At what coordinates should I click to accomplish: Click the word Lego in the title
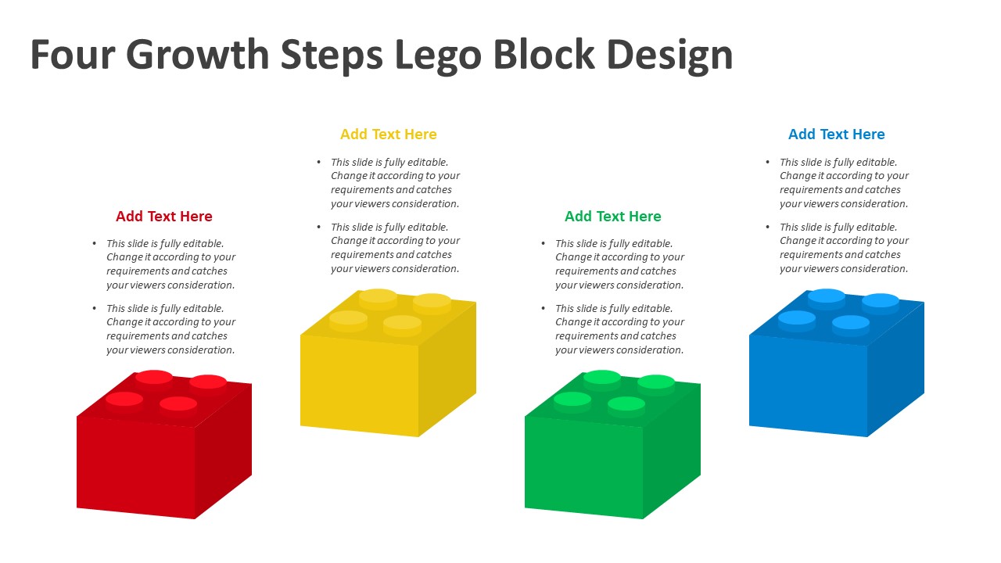pyautogui.click(x=439, y=55)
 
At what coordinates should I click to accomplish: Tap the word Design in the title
pyautogui.click(x=670, y=55)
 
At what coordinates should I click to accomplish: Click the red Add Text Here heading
pyautogui.click(x=164, y=217)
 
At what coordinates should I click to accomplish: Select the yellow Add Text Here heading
pyautogui.click(x=389, y=134)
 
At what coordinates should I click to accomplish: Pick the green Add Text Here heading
pyautogui.click(x=612, y=217)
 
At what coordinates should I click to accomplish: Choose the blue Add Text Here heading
pyautogui.click(x=837, y=134)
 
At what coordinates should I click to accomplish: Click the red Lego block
pyautogui.click(x=164, y=445)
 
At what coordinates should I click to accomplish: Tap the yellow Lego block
pyautogui.click(x=389, y=363)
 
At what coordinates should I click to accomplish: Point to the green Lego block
pyautogui.click(x=612, y=445)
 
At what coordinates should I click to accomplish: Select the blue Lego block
pyautogui.click(x=837, y=363)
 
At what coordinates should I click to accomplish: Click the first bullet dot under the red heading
pyautogui.click(x=95, y=243)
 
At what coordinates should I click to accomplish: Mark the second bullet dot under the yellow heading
pyautogui.click(x=318, y=227)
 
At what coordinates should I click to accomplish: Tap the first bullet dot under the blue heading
pyautogui.click(x=768, y=162)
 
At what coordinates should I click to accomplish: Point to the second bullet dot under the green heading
pyautogui.click(x=543, y=308)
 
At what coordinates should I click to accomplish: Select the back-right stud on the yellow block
pyautogui.click(x=432, y=303)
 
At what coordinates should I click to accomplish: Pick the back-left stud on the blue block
pyautogui.click(x=827, y=298)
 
